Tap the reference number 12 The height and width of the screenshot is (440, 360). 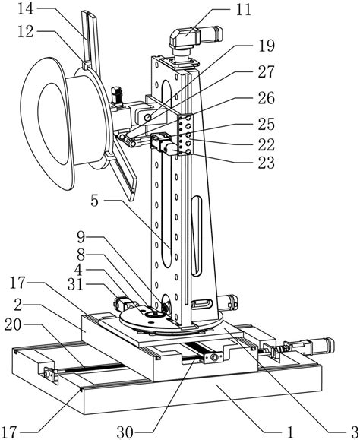click(x=26, y=33)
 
